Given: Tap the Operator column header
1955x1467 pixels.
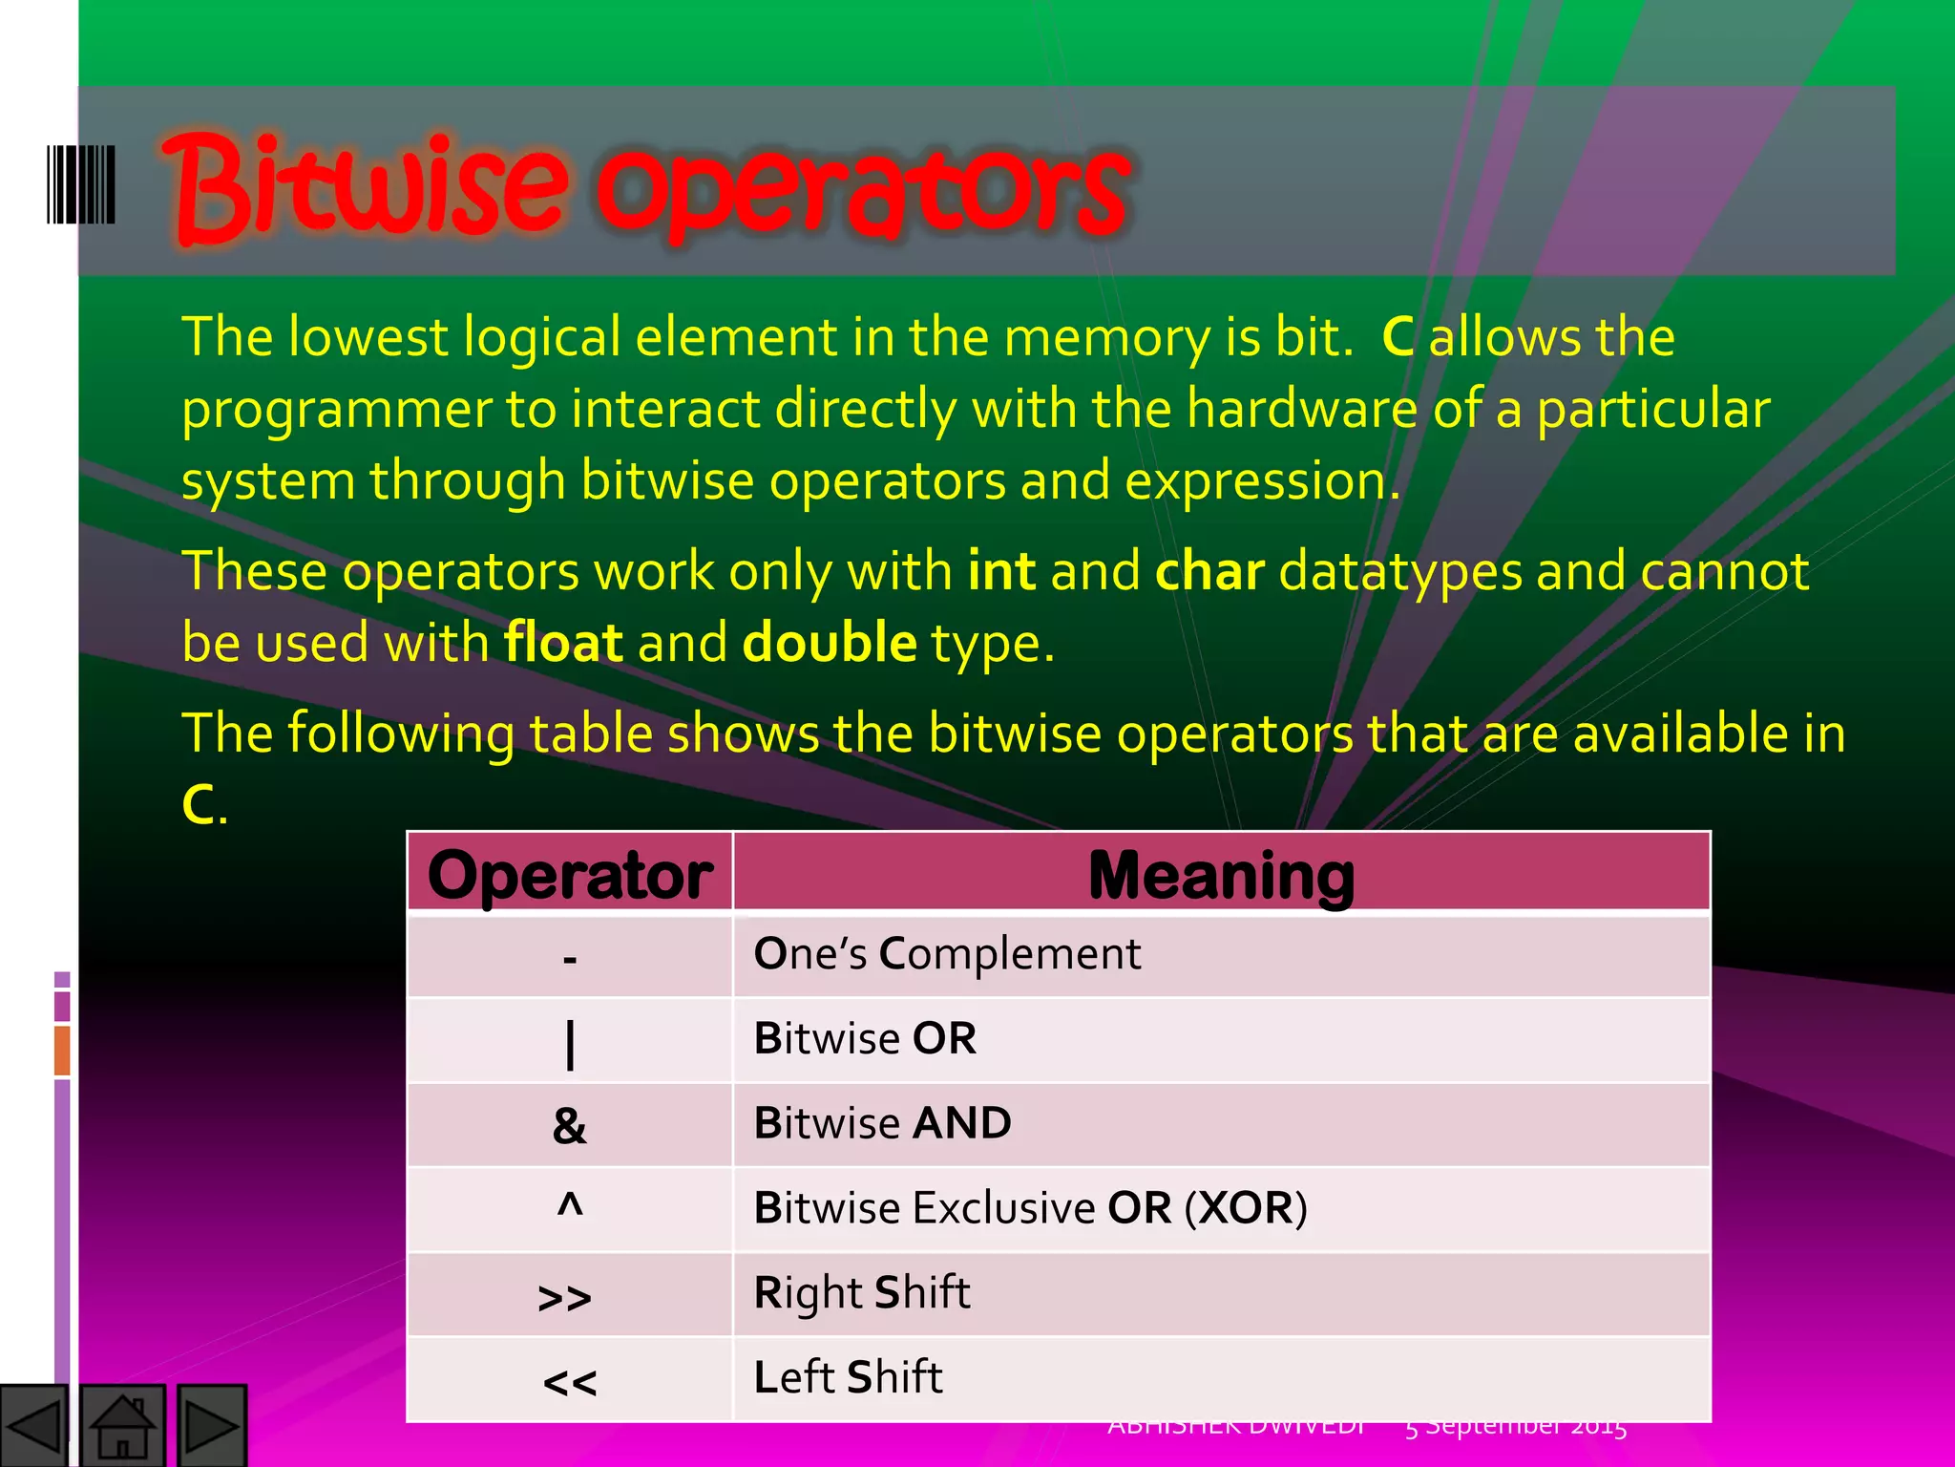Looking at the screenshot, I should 570,874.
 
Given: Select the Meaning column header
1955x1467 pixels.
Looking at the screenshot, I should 1221,874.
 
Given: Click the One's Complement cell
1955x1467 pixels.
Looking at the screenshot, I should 947,954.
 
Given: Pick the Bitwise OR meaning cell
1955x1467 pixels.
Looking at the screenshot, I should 865,1039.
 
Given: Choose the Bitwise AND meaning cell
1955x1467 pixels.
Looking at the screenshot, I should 882,1123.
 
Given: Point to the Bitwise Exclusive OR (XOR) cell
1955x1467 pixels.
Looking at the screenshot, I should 1029,1208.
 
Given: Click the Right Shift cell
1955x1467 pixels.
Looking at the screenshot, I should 861,1293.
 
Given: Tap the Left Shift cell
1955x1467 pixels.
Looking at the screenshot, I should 848,1377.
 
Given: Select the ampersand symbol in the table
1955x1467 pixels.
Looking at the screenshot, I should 570,1126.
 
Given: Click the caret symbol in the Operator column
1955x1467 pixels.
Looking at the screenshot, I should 570,1206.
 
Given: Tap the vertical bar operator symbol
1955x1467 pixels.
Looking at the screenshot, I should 570,1044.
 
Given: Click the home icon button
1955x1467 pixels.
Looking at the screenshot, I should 123,1426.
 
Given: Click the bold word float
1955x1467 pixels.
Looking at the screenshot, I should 563,642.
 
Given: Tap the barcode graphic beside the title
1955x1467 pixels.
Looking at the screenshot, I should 81,184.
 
